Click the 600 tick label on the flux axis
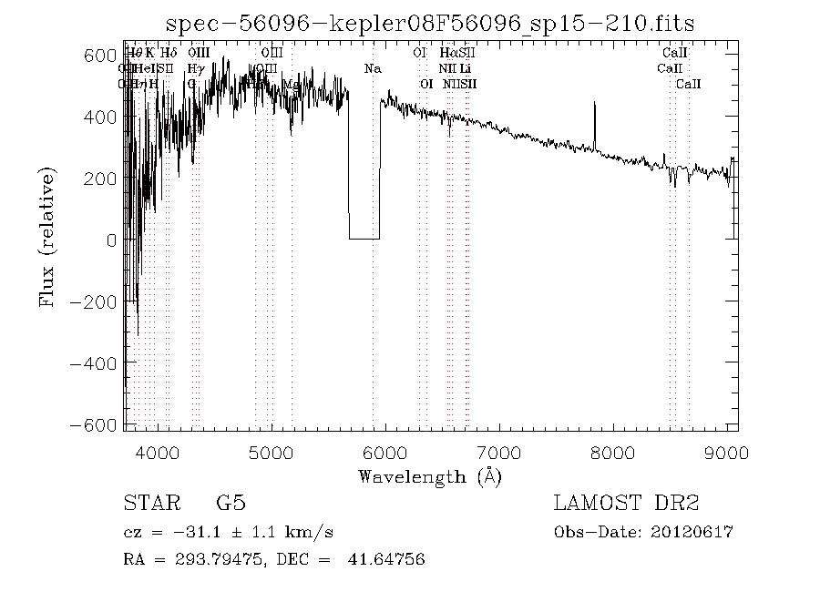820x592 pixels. (101, 55)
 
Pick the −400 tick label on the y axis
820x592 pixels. (94, 362)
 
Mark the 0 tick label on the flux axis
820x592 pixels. (111, 240)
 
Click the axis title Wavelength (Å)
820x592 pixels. (430, 476)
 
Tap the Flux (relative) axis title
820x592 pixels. (47, 239)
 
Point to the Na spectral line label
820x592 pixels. (373, 68)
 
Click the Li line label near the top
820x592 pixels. (466, 68)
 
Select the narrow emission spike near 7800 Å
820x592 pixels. (594, 114)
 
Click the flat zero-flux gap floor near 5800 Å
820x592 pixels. (364, 239)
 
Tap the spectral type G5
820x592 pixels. (231, 504)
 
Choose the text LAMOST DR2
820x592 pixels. (626, 504)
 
